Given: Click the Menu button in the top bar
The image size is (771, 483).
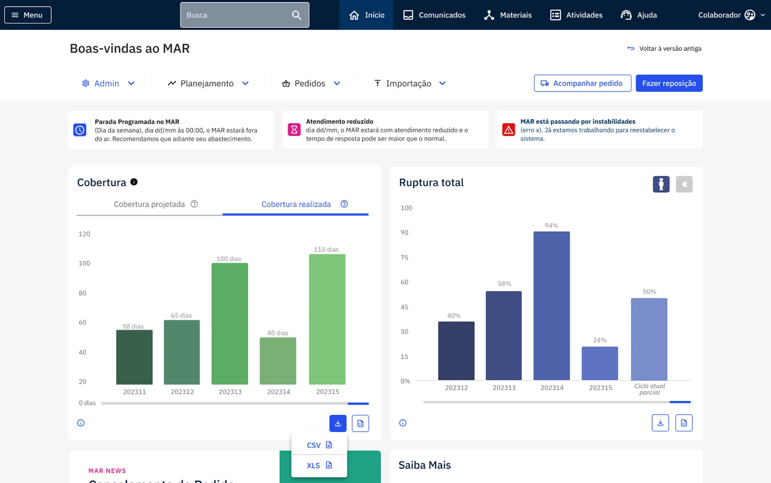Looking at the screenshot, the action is click(x=28, y=15).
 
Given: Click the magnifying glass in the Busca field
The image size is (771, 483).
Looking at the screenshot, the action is click(x=296, y=15).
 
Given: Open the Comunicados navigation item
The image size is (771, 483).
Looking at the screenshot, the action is click(x=434, y=15).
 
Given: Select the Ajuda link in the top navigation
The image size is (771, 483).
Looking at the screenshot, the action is click(x=639, y=15).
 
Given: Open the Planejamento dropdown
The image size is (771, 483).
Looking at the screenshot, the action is click(x=208, y=83).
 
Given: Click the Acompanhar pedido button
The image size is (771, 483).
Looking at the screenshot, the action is click(x=582, y=83).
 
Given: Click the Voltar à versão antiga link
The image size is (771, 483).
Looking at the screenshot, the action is click(x=664, y=49).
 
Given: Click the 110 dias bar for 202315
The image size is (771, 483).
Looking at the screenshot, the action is click(x=327, y=319).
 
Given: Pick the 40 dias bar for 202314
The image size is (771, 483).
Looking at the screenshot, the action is click(x=278, y=361).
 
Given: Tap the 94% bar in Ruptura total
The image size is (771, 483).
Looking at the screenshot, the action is click(x=552, y=306).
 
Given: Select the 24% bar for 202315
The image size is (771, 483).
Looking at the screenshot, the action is click(x=600, y=364).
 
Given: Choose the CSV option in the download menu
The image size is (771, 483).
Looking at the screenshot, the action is click(x=319, y=445).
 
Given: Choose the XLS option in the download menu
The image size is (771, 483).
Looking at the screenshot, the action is click(x=319, y=466).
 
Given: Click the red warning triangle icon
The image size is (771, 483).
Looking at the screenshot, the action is click(x=508, y=130).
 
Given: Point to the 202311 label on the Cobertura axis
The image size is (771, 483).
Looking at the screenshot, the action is click(x=135, y=392).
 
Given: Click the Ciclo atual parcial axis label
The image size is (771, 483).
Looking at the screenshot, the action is click(x=650, y=389).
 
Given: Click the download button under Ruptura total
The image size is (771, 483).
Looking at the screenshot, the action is click(x=660, y=423).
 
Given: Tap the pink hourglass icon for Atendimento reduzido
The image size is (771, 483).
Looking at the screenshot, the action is click(x=294, y=130).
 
